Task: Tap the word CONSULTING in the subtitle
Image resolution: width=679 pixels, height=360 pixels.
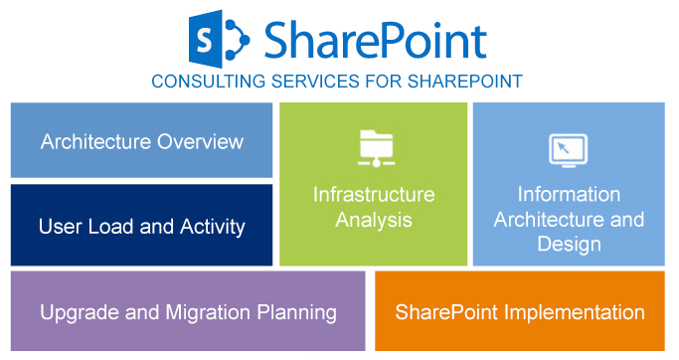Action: click(x=200, y=82)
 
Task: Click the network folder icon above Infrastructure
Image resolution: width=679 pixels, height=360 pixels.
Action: click(x=374, y=147)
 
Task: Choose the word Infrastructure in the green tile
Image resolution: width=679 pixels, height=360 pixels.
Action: click(x=374, y=194)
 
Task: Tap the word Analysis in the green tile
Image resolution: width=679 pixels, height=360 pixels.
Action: click(x=374, y=219)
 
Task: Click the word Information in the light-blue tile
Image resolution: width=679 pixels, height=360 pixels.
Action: click(x=569, y=194)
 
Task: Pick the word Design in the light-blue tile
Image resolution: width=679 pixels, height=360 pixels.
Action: click(x=569, y=245)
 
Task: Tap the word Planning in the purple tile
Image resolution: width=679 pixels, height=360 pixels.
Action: click(x=294, y=313)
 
